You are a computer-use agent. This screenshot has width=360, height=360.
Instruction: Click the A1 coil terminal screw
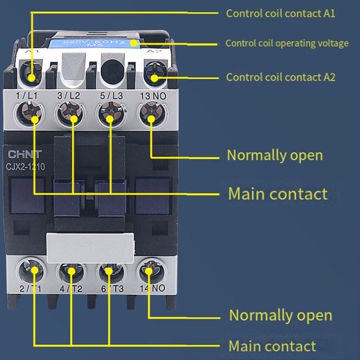pyautogui.click(x=32, y=76)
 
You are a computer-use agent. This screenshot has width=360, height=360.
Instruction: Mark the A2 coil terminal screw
pyautogui.click(x=155, y=77)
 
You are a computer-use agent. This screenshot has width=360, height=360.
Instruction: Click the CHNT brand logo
pyautogui.click(x=24, y=154)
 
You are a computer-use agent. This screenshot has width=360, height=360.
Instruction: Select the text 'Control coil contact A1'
pyautogui.click(x=280, y=13)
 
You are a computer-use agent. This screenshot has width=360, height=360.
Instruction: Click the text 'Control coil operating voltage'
pyautogui.click(x=287, y=43)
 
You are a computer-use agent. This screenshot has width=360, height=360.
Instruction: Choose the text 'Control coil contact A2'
pyautogui.click(x=280, y=77)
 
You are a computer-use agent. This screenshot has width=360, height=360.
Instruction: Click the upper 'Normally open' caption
pyautogui.click(x=275, y=156)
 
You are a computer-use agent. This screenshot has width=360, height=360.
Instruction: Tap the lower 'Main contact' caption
pyautogui.click(x=272, y=346)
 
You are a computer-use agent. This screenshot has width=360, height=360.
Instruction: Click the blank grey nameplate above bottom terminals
pyautogui.click(x=90, y=248)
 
